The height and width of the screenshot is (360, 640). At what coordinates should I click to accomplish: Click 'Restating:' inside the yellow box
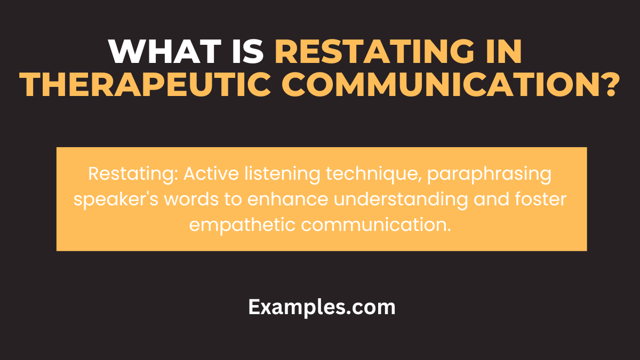pos(127,174)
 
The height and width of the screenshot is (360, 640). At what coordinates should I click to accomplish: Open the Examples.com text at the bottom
pos(322,308)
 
